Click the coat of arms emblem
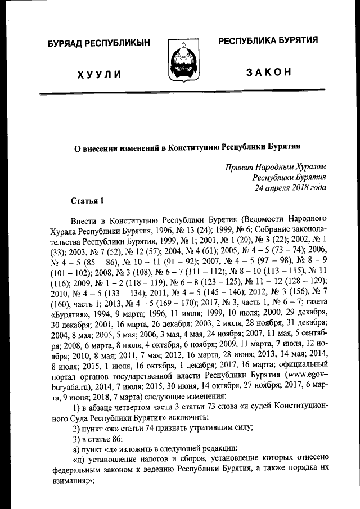coord(180,61)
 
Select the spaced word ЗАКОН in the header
coord(268,74)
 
